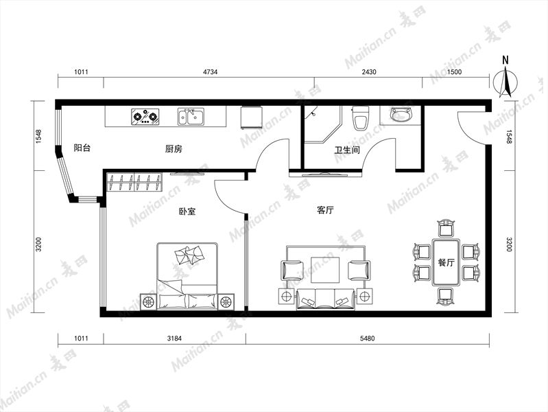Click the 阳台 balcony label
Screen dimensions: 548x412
click(x=82, y=148)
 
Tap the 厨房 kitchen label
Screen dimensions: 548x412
click(x=174, y=149)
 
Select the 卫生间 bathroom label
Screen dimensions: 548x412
click(x=347, y=150)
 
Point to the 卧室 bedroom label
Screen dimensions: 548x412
click(x=187, y=211)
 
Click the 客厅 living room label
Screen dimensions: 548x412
click(x=325, y=210)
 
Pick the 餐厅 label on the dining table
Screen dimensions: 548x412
click(x=446, y=262)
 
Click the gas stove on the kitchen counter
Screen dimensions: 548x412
click(x=145, y=117)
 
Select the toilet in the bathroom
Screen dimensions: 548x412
click(x=360, y=118)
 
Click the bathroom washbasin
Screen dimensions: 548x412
click(x=402, y=115)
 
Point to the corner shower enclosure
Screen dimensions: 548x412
click(x=322, y=124)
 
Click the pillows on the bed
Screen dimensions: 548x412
click(x=189, y=255)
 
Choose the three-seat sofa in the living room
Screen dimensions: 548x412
click(x=326, y=299)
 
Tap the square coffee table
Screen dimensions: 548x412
click(x=325, y=270)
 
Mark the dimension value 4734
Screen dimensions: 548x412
click(x=211, y=72)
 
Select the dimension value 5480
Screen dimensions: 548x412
click(x=368, y=338)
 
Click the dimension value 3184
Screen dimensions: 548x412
click(x=174, y=338)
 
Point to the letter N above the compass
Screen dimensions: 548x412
click(x=505, y=60)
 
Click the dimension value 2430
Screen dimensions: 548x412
click(x=369, y=72)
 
